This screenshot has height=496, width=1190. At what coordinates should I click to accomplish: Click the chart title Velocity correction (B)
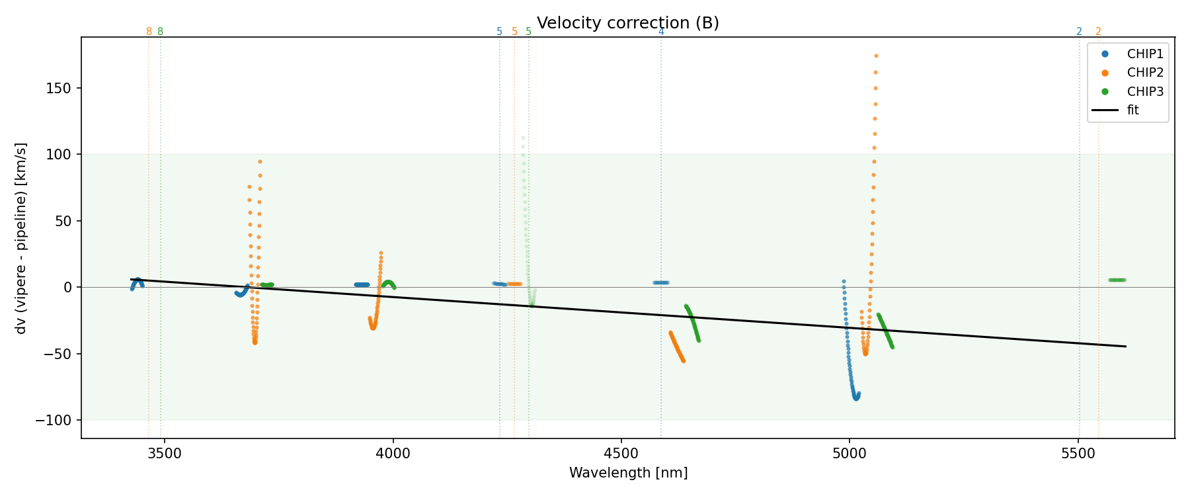pyautogui.click(x=627, y=23)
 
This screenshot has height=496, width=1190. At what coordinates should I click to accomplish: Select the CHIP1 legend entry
pyautogui.click(x=1145, y=54)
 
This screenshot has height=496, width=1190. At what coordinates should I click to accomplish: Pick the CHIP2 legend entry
pyautogui.click(x=1145, y=73)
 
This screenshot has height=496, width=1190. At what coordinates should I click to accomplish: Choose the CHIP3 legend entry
pyautogui.click(x=1145, y=92)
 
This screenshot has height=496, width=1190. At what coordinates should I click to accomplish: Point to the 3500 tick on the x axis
pyautogui.click(x=164, y=454)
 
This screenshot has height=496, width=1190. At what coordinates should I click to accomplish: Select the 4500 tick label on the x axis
pyautogui.click(x=621, y=454)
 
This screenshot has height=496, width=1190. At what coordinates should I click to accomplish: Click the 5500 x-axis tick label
pyautogui.click(x=1078, y=454)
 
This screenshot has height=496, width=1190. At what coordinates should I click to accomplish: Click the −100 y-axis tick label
pyautogui.click(x=58, y=421)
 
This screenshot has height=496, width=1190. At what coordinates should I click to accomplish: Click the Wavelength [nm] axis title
pyautogui.click(x=628, y=474)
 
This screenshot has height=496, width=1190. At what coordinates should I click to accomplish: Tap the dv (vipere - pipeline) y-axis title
pyautogui.click(x=21, y=238)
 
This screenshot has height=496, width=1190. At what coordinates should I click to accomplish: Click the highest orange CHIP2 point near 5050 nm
pyautogui.click(x=876, y=56)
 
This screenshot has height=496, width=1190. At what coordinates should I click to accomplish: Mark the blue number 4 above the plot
pyautogui.click(x=661, y=32)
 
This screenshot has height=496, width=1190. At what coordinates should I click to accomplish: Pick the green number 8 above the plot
pyautogui.click(x=160, y=32)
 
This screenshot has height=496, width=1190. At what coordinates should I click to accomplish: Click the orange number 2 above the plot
pyautogui.click(x=1098, y=32)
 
